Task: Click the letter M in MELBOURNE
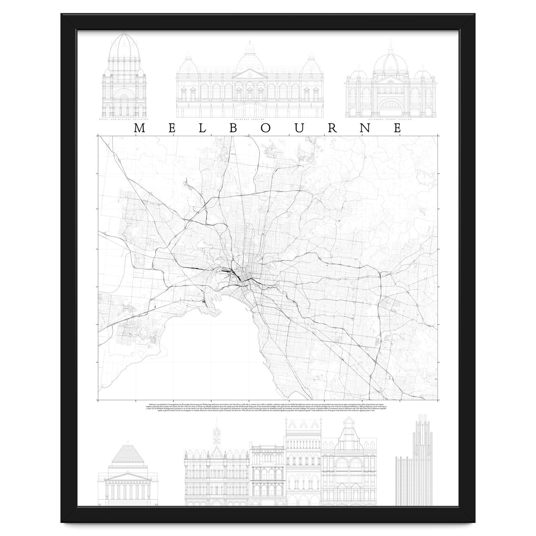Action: coord(138,128)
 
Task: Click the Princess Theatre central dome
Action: coord(250,63)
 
